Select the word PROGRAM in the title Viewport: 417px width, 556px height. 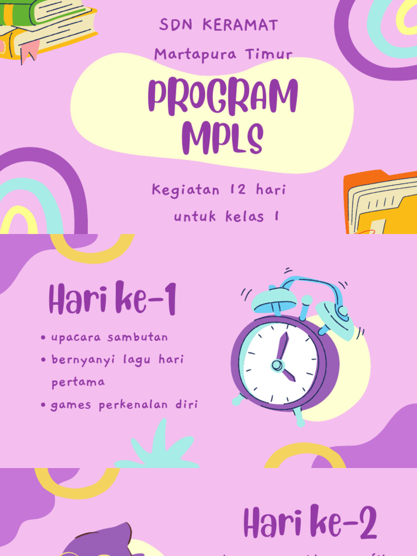[x=223, y=97]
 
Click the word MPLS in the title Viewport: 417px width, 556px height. [x=223, y=138]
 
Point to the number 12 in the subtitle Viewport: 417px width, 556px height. [x=238, y=190]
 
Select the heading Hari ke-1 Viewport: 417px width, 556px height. [x=112, y=300]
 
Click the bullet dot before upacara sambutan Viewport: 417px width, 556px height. [x=43, y=338]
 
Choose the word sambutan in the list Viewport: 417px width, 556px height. [x=137, y=337]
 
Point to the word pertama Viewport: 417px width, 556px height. [x=78, y=382]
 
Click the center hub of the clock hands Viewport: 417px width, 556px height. [x=277, y=365]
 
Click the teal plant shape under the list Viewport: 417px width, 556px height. [x=157, y=451]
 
